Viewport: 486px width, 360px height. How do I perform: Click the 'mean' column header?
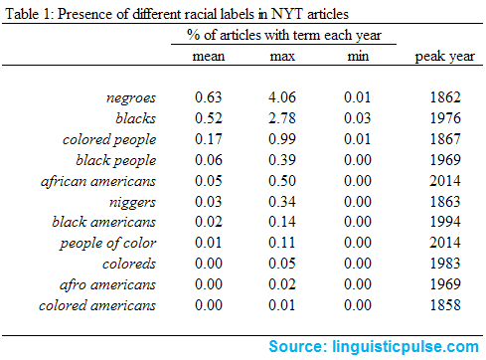point(209,56)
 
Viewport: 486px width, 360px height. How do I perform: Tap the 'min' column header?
point(353,56)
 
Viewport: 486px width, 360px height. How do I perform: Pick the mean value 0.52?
point(209,118)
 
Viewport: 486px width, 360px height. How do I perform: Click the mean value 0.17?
point(209,139)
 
